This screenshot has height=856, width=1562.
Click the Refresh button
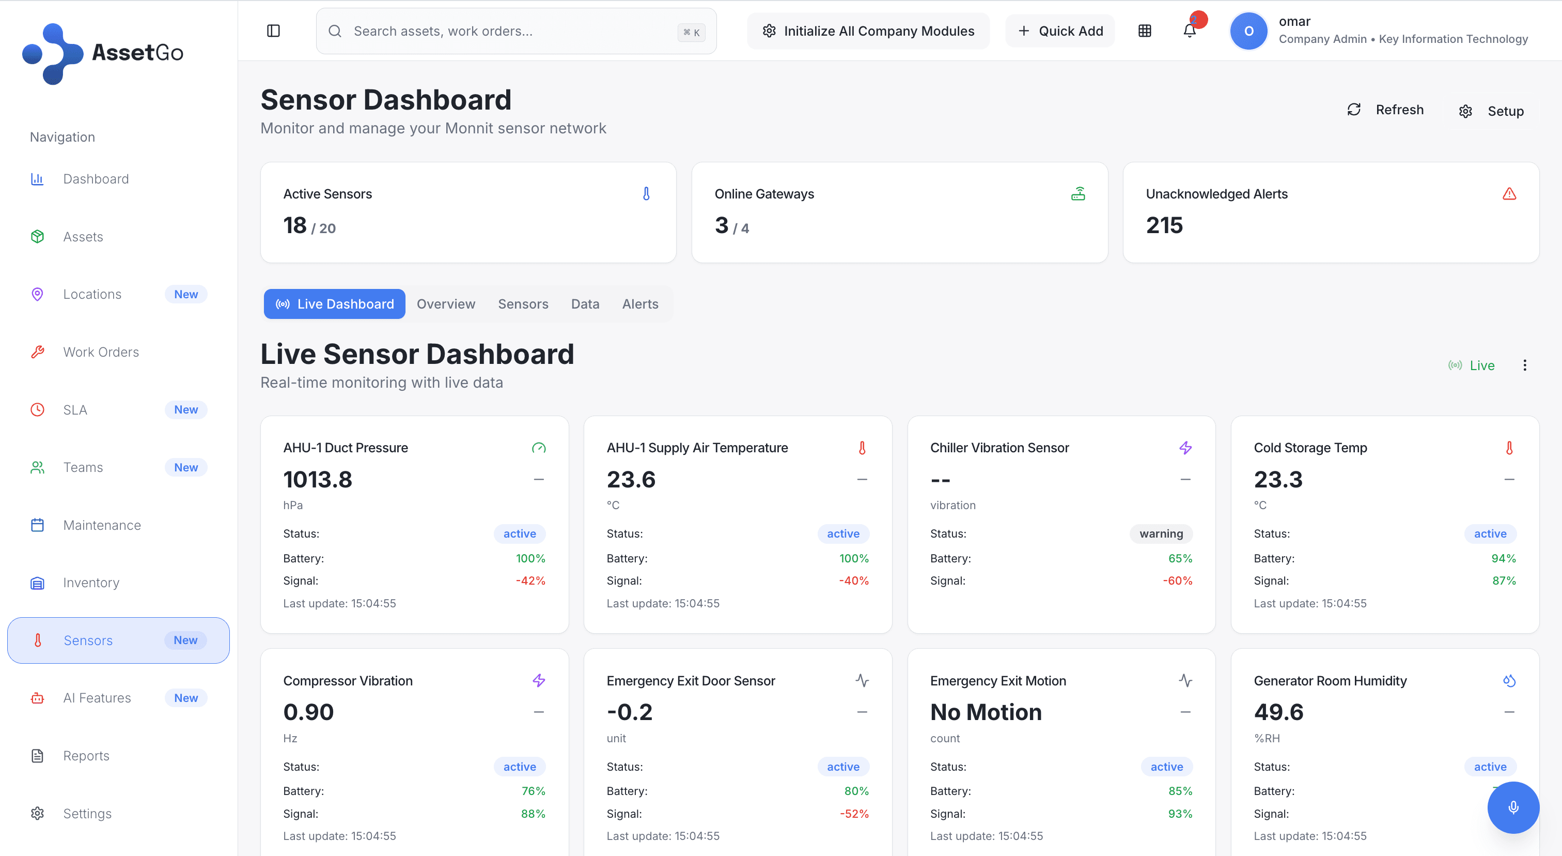tap(1385, 110)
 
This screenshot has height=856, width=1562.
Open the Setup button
tap(1492, 111)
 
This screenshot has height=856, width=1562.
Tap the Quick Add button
tap(1060, 31)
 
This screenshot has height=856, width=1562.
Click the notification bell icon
tap(1190, 31)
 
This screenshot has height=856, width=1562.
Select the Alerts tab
tap(639, 304)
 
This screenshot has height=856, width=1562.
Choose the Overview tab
tap(446, 304)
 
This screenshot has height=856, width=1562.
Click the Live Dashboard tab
tap(335, 304)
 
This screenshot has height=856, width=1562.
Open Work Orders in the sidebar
tap(101, 352)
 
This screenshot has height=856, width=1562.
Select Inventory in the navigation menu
tap(91, 583)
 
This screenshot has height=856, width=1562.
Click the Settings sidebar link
tap(87, 814)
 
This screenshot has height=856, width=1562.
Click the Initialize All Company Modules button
tap(868, 31)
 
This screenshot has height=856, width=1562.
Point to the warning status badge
tap(1161, 534)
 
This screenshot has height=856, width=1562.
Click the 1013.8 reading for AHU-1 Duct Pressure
tap(318, 479)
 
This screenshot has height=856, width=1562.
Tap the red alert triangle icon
tap(1509, 194)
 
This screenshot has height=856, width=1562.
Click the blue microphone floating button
tap(1513, 807)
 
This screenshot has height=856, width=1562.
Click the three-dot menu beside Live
tap(1524, 365)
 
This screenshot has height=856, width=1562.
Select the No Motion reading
tap(986, 712)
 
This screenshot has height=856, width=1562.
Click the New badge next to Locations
tap(185, 294)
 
